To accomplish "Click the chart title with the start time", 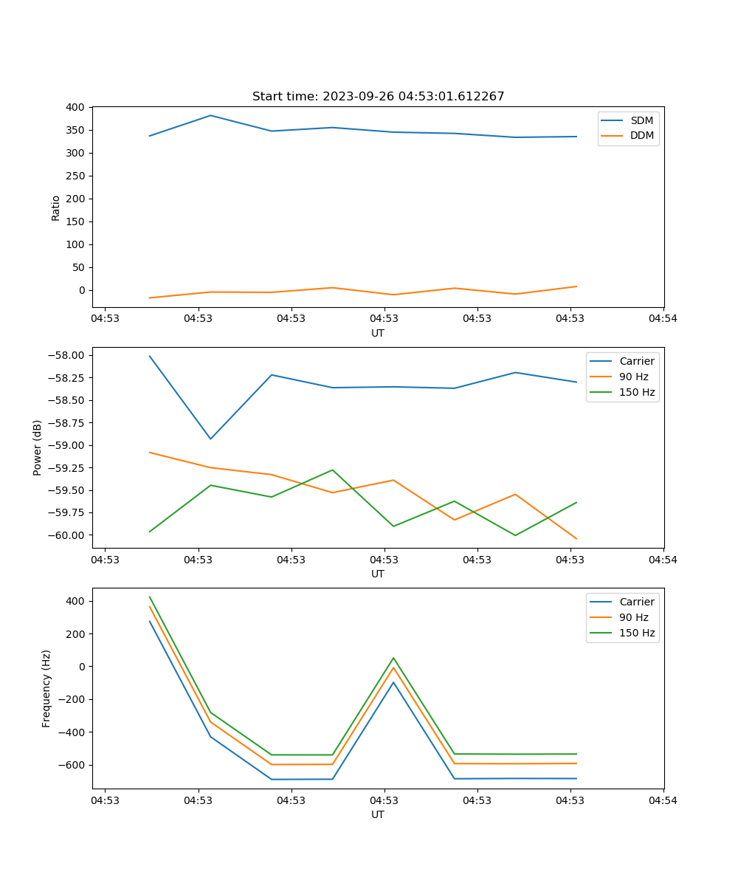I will pyautogui.click(x=378, y=97).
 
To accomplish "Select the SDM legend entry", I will pyautogui.click(x=641, y=120).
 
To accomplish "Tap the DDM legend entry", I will pyautogui.click(x=641, y=135).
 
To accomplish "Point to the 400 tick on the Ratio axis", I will pyautogui.click(x=76, y=107).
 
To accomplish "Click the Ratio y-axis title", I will pyautogui.click(x=56, y=207).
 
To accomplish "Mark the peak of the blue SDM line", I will pyautogui.click(x=210, y=115).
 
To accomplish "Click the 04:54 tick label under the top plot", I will pyautogui.click(x=663, y=318).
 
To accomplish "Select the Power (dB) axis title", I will pyautogui.click(x=38, y=448).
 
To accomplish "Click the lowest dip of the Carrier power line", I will pyautogui.click(x=210, y=439).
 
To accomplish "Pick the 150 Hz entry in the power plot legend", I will pyautogui.click(x=637, y=392).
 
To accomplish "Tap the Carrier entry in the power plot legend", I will pyautogui.click(x=637, y=361).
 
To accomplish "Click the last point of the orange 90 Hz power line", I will pyautogui.click(x=576, y=539).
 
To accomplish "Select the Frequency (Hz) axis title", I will pyautogui.click(x=46, y=688).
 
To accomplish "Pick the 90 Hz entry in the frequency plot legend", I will pyautogui.click(x=634, y=617).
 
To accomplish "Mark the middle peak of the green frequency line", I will pyautogui.click(x=393, y=658).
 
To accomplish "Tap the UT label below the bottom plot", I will pyautogui.click(x=378, y=814).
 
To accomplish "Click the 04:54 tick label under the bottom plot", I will pyautogui.click(x=663, y=800).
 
